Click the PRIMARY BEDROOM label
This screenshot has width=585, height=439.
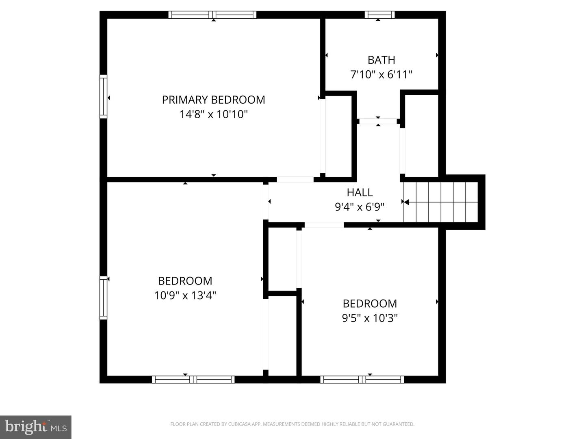[213, 100]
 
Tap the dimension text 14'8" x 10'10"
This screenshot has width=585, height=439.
[213, 114]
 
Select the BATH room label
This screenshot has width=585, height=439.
[381, 60]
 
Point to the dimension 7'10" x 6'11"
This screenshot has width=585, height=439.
[381, 74]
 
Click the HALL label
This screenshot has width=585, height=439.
[360, 192]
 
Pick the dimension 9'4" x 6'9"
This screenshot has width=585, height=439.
[360, 207]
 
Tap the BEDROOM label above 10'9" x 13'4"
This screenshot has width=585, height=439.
[185, 281]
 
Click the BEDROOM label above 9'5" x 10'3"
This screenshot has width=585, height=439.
[370, 304]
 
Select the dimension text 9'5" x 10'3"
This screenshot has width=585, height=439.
[370, 318]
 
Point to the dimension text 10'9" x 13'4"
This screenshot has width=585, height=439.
[185, 296]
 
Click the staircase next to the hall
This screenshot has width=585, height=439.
[440, 202]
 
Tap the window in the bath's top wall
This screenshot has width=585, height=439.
[379, 15]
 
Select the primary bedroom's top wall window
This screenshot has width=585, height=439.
[212, 15]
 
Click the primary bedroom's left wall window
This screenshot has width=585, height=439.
[104, 97]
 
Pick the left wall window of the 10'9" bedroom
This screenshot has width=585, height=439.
[104, 298]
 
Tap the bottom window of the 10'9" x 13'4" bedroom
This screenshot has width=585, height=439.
[193, 380]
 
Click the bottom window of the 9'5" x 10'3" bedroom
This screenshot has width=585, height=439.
[362, 380]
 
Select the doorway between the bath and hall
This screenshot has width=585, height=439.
[378, 121]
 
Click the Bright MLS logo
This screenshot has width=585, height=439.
[36, 427]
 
